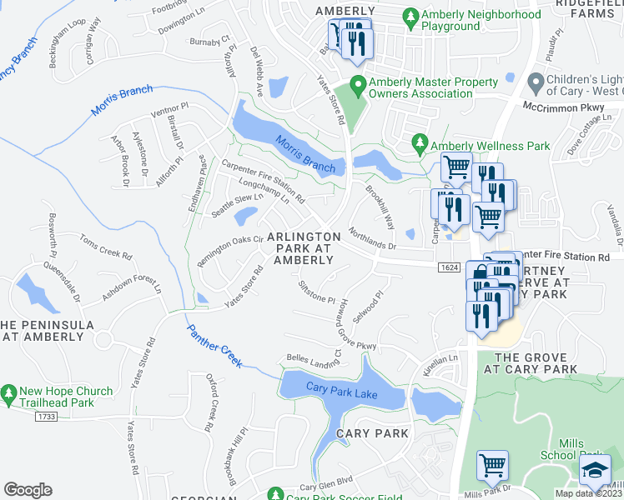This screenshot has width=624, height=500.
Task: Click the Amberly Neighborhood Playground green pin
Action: (x=410, y=16)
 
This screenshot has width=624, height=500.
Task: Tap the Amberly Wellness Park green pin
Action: (x=420, y=146)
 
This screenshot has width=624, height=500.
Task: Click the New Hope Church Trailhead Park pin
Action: (x=9, y=392)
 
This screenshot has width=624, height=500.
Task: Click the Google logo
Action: (x=28, y=489)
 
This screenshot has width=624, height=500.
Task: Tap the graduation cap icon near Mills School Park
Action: (x=595, y=470)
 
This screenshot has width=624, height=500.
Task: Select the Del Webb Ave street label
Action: (x=257, y=71)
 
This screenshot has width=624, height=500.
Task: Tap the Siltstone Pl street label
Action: (x=316, y=291)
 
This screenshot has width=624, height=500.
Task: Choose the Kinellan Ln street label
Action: (x=441, y=365)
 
